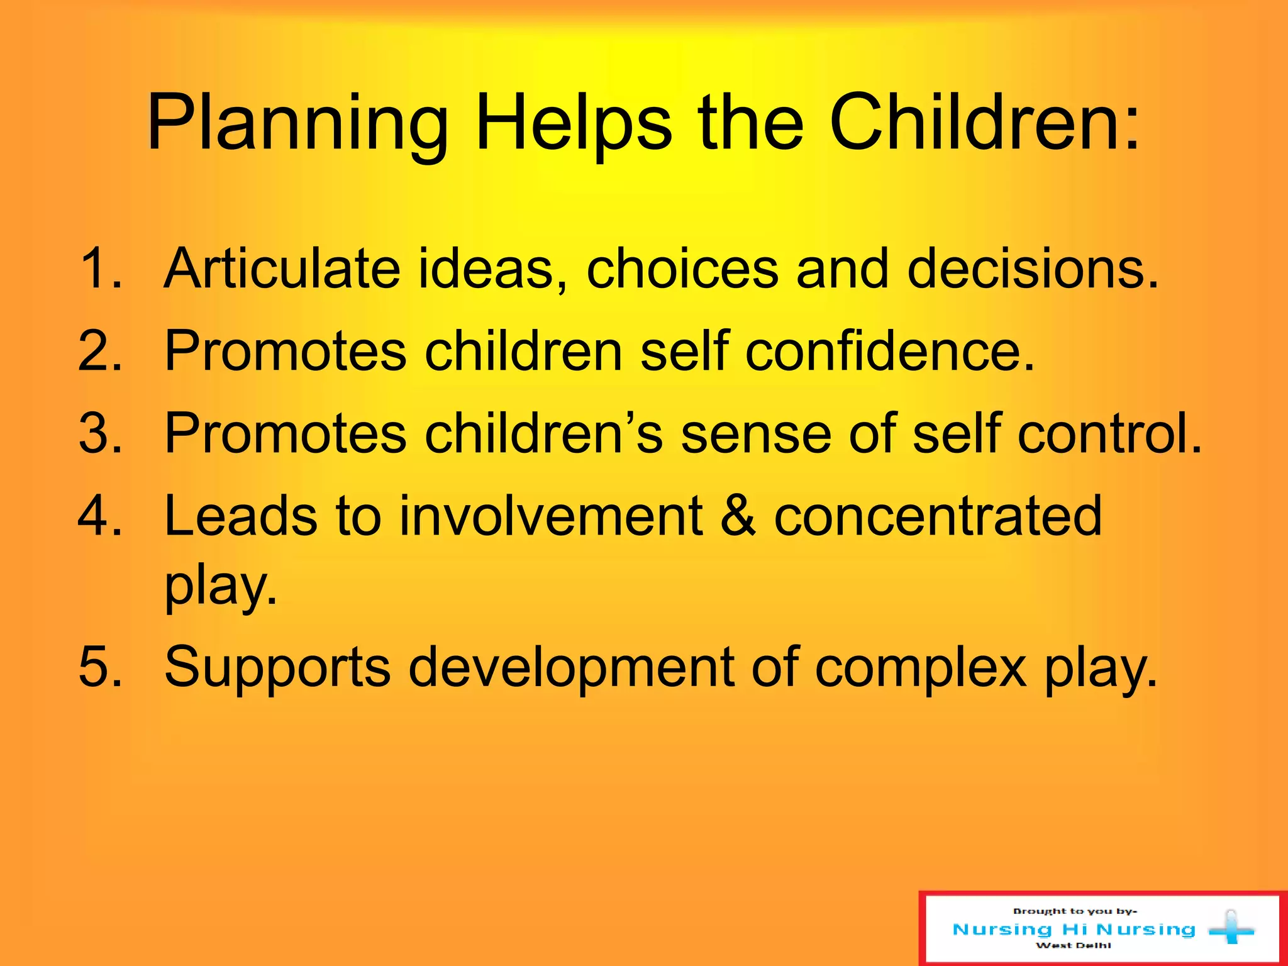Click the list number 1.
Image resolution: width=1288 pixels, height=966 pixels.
pyautogui.click(x=101, y=269)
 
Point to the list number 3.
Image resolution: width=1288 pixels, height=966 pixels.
pyautogui.click(x=101, y=433)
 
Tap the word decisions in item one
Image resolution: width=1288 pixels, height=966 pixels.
pyautogui.click(x=1031, y=269)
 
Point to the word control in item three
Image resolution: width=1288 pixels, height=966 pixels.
pyautogui.click(x=1109, y=433)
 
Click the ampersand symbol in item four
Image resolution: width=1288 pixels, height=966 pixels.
pyautogui.click(x=738, y=516)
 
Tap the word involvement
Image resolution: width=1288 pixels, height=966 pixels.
pyautogui.click(x=550, y=516)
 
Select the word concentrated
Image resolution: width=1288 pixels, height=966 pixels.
pyautogui.click(x=938, y=516)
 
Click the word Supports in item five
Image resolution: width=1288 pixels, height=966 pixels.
pyautogui.click(x=277, y=668)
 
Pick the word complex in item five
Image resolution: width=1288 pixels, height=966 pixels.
pyautogui.click(x=921, y=668)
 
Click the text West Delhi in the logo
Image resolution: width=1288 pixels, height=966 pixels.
pyautogui.click(x=1074, y=945)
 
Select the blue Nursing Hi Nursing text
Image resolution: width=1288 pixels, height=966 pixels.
pyautogui.click(x=1074, y=929)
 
